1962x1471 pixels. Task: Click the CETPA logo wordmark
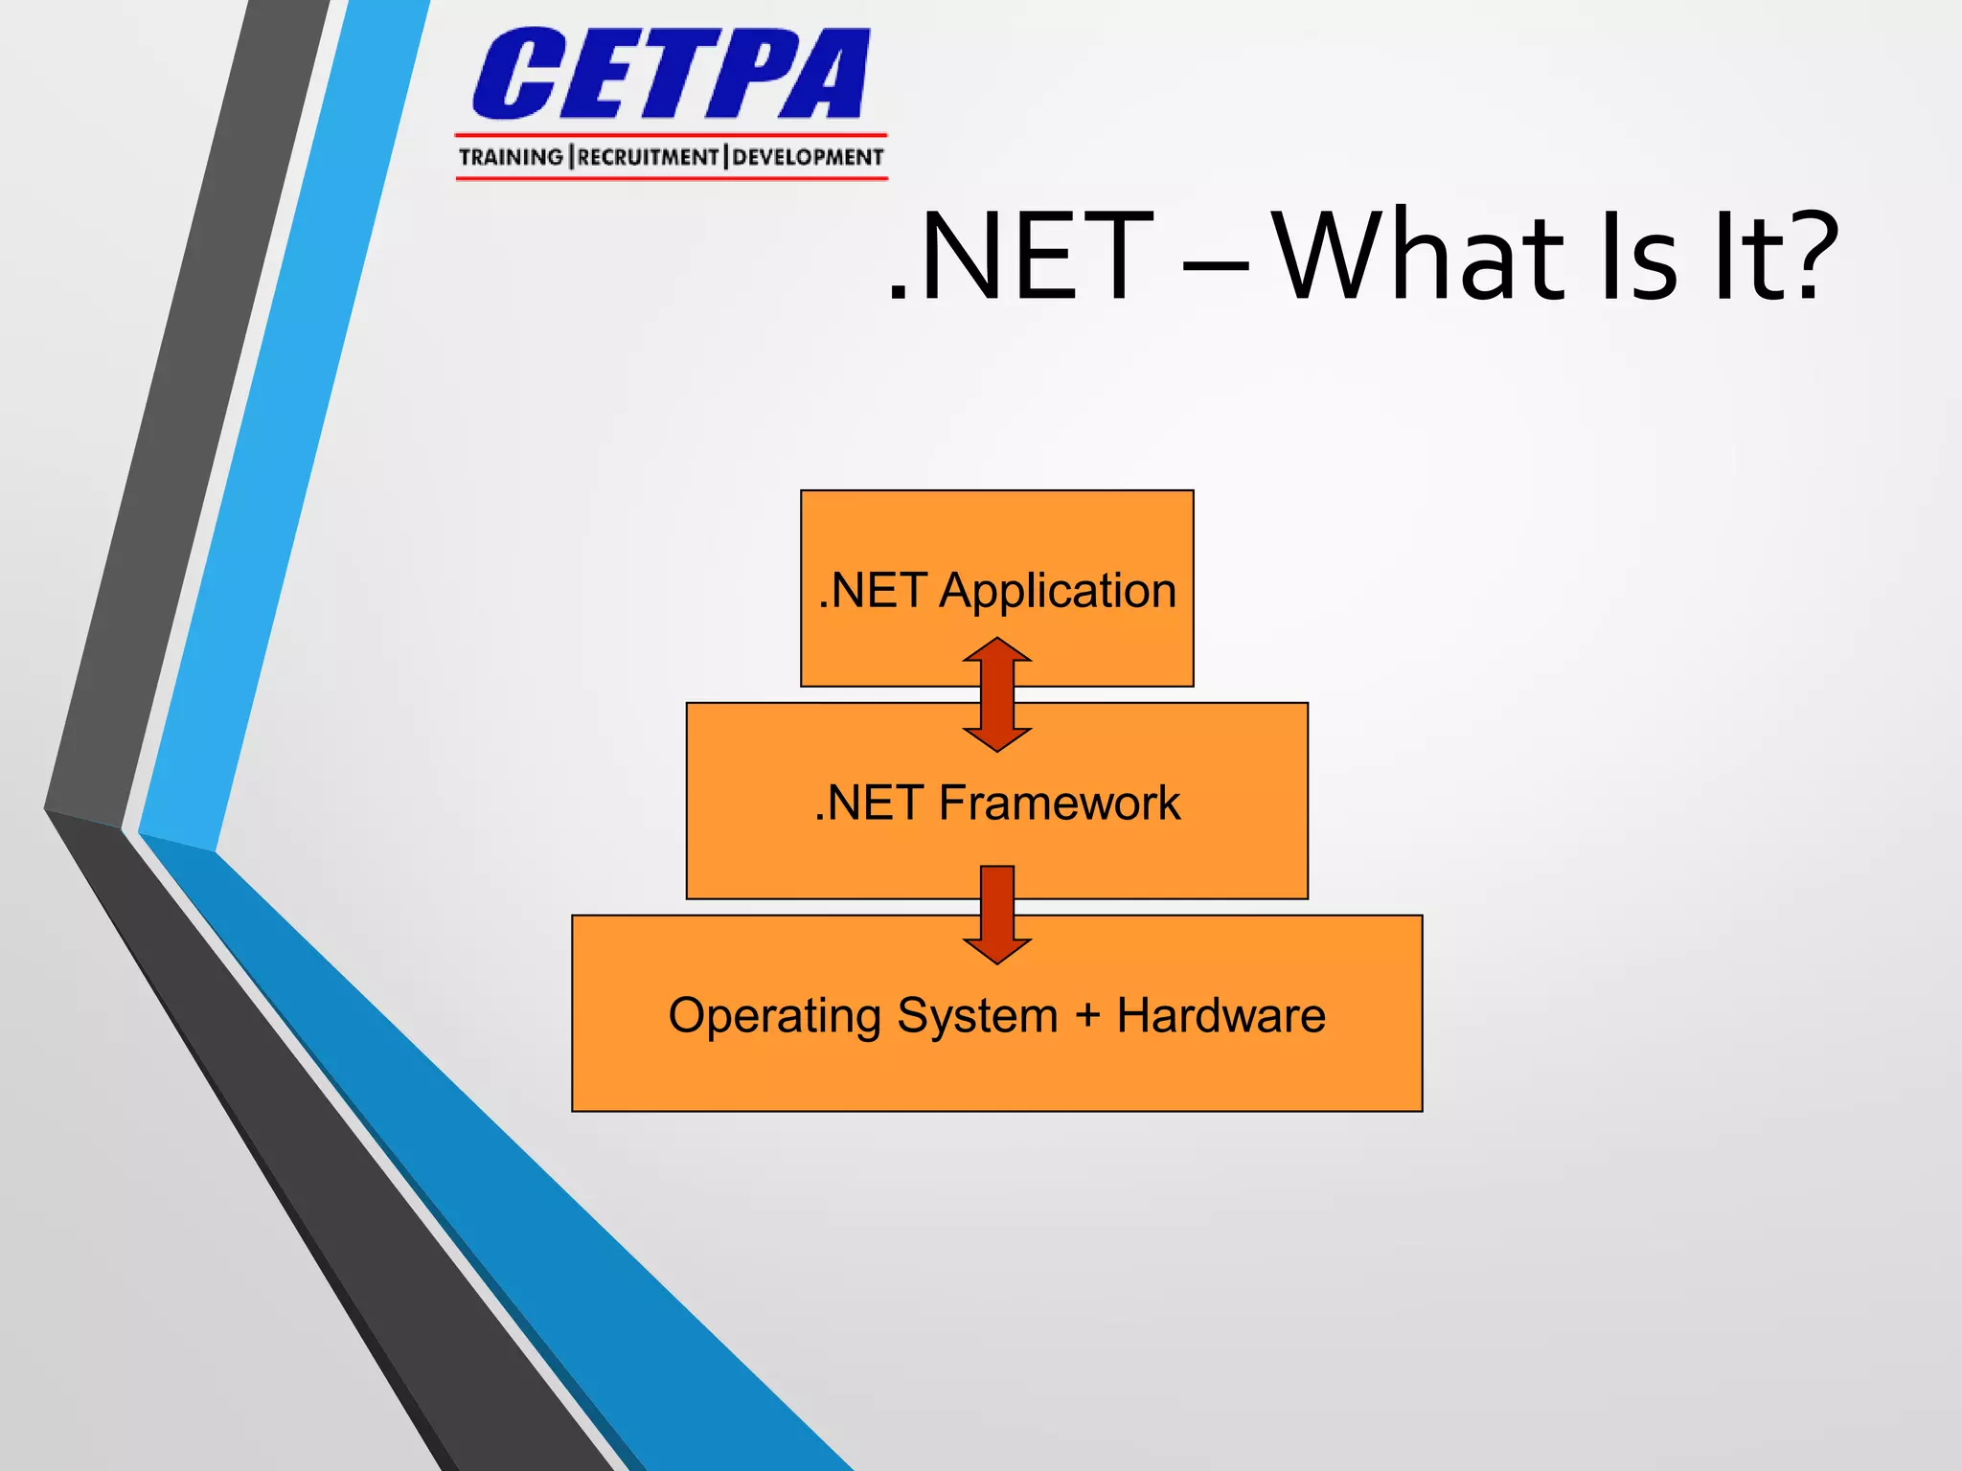click(671, 75)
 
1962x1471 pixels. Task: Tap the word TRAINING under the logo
click(511, 157)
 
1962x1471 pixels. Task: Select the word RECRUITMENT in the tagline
click(648, 157)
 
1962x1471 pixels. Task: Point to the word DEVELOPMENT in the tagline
click(808, 157)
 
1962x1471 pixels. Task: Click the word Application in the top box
click(1058, 591)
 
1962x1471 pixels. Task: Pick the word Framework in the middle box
click(1059, 803)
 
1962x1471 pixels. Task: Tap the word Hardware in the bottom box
click(1221, 1015)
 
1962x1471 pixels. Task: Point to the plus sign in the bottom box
click(1087, 1016)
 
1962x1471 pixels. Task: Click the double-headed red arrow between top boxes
click(997, 694)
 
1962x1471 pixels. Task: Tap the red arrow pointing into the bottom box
click(997, 915)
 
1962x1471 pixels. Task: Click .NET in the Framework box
click(869, 803)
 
